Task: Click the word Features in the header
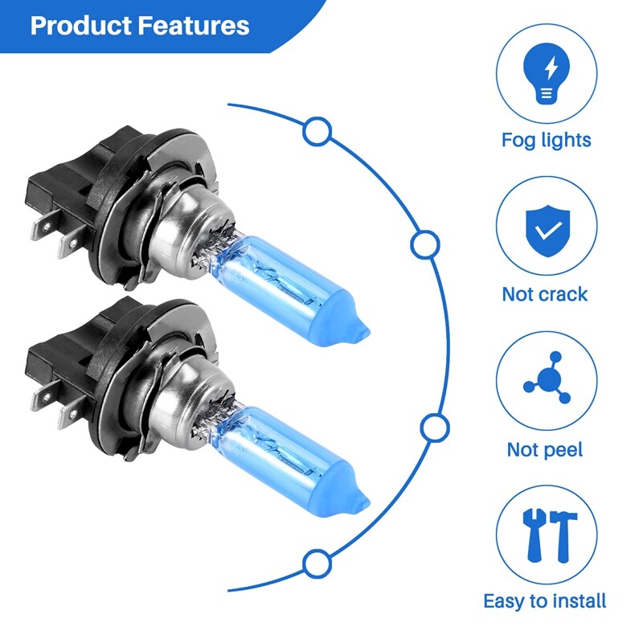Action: tap(193, 26)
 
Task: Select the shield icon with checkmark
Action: tap(548, 231)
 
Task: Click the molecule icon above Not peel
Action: tap(547, 378)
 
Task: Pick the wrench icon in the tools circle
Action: tap(534, 535)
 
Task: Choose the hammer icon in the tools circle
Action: tap(563, 535)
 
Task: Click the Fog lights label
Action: tap(547, 140)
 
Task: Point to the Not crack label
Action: tap(545, 294)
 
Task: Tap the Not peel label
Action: tap(545, 450)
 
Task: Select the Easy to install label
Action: tap(545, 601)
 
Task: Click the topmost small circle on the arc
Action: tap(317, 131)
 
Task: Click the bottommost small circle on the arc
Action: tap(317, 563)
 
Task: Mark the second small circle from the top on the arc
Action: tap(425, 245)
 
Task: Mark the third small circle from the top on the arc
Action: tap(435, 428)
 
